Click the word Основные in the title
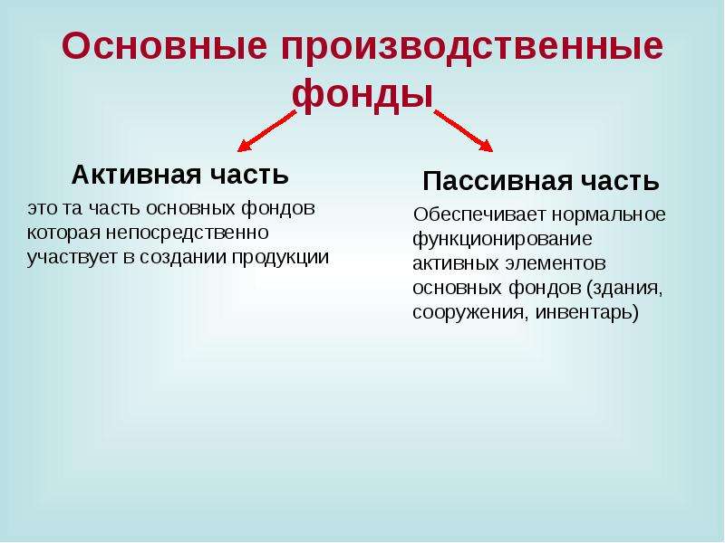(x=164, y=46)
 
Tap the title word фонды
(x=362, y=95)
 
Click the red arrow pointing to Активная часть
(x=266, y=131)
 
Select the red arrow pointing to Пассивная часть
(x=463, y=130)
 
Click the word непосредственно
(x=188, y=233)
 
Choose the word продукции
(x=280, y=257)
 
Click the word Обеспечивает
(x=479, y=214)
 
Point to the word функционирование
(x=502, y=239)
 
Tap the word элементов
(x=555, y=263)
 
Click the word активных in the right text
(x=456, y=263)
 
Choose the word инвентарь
(x=586, y=312)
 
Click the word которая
(x=63, y=233)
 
